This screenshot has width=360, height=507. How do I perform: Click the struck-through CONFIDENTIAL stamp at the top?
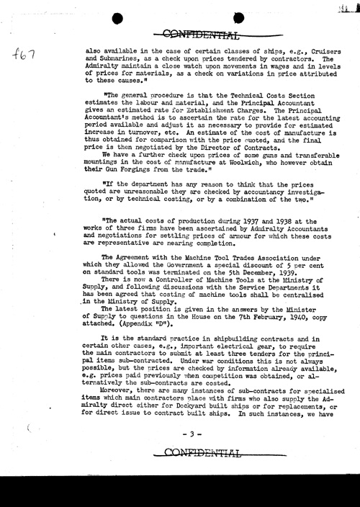coord(201,33)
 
